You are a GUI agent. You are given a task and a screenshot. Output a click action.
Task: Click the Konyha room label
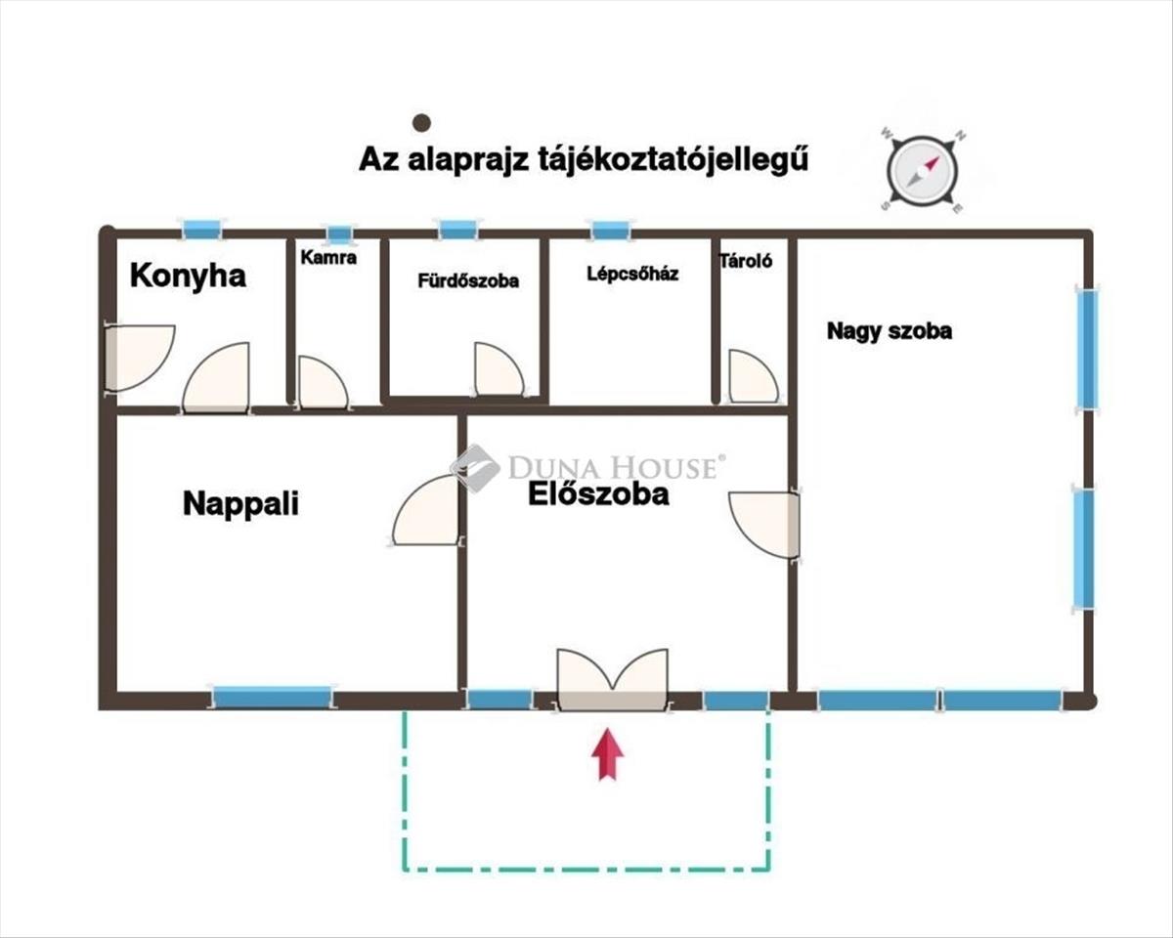coord(188,276)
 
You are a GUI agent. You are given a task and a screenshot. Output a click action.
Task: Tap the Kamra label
coord(328,258)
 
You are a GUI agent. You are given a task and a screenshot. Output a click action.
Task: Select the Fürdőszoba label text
coord(468,280)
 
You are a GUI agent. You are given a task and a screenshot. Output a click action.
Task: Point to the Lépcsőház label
coord(632,274)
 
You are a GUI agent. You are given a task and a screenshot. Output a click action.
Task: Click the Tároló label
coord(746,261)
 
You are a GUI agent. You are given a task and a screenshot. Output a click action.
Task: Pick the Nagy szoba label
coord(890,330)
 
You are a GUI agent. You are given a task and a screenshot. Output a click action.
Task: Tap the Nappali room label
coord(240,504)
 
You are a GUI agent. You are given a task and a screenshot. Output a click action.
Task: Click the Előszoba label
coord(598,494)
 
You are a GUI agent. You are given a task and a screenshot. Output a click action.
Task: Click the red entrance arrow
coord(609,753)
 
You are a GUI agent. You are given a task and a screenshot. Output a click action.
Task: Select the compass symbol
coord(923,171)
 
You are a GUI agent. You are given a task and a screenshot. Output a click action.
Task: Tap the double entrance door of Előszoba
coord(612,679)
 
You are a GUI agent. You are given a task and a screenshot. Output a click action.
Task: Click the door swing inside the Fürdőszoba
coord(498,369)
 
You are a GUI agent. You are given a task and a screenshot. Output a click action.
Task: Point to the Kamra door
coord(323,383)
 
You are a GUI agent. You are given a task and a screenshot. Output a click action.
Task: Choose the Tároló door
coord(753,377)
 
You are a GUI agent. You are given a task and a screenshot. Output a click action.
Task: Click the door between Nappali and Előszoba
coord(427,511)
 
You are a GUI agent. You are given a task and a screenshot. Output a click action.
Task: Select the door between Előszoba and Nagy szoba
coord(765,523)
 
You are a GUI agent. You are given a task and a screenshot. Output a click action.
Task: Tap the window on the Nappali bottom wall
coord(272,698)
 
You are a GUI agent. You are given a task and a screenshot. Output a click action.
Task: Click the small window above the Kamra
coord(338,234)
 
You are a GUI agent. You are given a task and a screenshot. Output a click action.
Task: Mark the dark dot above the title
coord(421,122)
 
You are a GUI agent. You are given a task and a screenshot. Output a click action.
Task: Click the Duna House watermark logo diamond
coord(475,467)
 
